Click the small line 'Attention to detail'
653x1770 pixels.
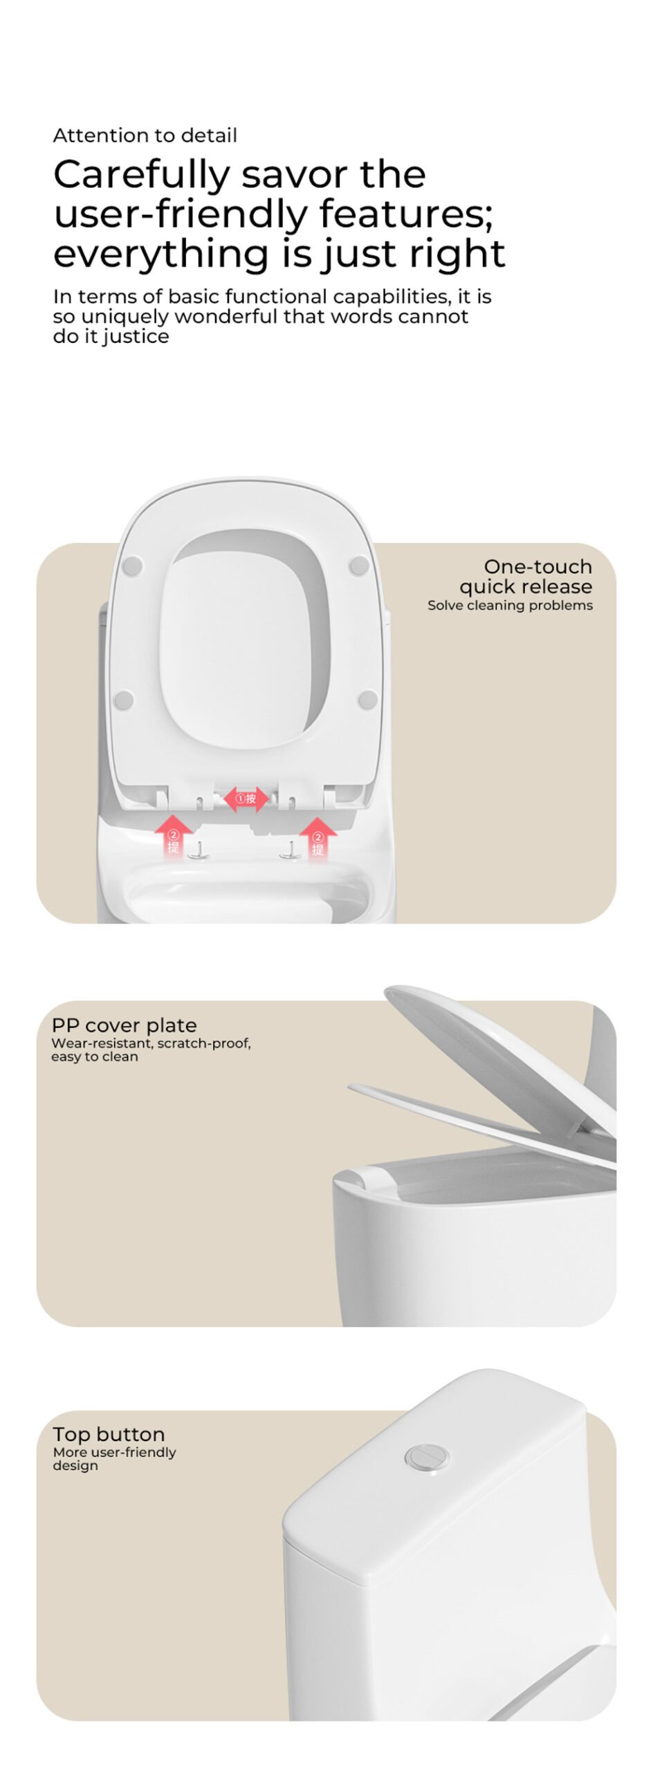coord(145,136)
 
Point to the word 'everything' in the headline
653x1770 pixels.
coord(161,254)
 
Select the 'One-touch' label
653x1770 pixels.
coord(537,566)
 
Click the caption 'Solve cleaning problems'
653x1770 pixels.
coord(510,605)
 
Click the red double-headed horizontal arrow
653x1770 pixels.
coord(246,799)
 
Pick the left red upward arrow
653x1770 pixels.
coord(173,834)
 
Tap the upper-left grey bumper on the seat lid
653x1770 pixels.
coord(132,566)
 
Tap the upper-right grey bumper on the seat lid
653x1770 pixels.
coord(359,566)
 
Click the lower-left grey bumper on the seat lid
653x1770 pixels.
coord(124,700)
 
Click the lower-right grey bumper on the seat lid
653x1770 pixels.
coord(368,700)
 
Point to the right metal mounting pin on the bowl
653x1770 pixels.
coord(290,852)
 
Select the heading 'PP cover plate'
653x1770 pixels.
coord(125,1025)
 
